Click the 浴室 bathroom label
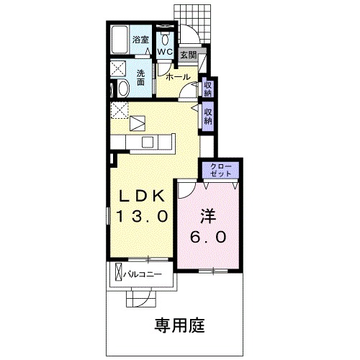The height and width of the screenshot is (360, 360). pyautogui.click(x=140, y=40)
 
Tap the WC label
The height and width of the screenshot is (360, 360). pyautogui.click(x=164, y=53)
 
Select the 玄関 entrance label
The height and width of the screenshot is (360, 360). pyautogui.click(x=188, y=54)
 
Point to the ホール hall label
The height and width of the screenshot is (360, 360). pyautogui.click(x=178, y=76)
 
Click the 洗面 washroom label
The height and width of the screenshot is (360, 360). pyautogui.click(x=140, y=77)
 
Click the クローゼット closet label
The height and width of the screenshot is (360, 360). pyautogui.click(x=220, y=171)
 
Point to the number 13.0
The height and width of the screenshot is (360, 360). pyautogui.click(x=143, y=215)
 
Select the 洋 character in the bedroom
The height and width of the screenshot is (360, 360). pyautogui.click(x=209, y=215)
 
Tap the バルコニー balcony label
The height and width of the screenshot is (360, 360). pyautogui.click(x=141, y=274)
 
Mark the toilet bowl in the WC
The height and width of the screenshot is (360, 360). pyautogui.click(x=166, y=37)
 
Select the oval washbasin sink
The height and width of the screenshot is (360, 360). pyautogui.click(x=122, y=89)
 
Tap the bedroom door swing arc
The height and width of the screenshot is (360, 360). pyautogui.click(x=184, y=189)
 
